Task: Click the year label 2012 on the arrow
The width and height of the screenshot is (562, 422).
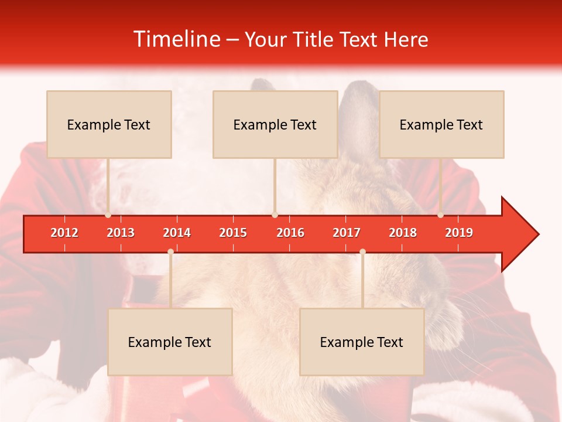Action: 64,233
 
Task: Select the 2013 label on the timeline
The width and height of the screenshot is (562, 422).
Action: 121,233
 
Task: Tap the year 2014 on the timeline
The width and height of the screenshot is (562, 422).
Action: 177,233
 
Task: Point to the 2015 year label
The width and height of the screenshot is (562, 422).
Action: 233,233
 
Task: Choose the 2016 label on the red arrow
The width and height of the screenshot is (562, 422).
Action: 290,233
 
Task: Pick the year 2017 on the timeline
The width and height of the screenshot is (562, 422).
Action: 347,233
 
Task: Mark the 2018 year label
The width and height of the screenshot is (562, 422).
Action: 403,233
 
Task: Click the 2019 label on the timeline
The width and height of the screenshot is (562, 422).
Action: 459,233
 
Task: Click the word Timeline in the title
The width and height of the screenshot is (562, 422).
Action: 176,39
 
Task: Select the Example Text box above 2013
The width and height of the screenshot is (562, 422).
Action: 109,124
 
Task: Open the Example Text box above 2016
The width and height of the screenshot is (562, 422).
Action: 275,124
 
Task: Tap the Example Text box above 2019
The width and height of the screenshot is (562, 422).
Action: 441,124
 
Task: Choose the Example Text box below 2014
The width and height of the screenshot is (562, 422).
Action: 170,342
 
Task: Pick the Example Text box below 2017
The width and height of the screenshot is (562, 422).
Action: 362,342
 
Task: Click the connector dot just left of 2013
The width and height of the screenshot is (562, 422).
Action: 108,215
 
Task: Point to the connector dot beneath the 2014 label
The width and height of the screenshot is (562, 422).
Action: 170,251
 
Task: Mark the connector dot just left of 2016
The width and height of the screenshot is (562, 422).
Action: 275,215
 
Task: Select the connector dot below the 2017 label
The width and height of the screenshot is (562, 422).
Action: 362,251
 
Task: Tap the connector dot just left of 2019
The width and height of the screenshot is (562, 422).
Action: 441,215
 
